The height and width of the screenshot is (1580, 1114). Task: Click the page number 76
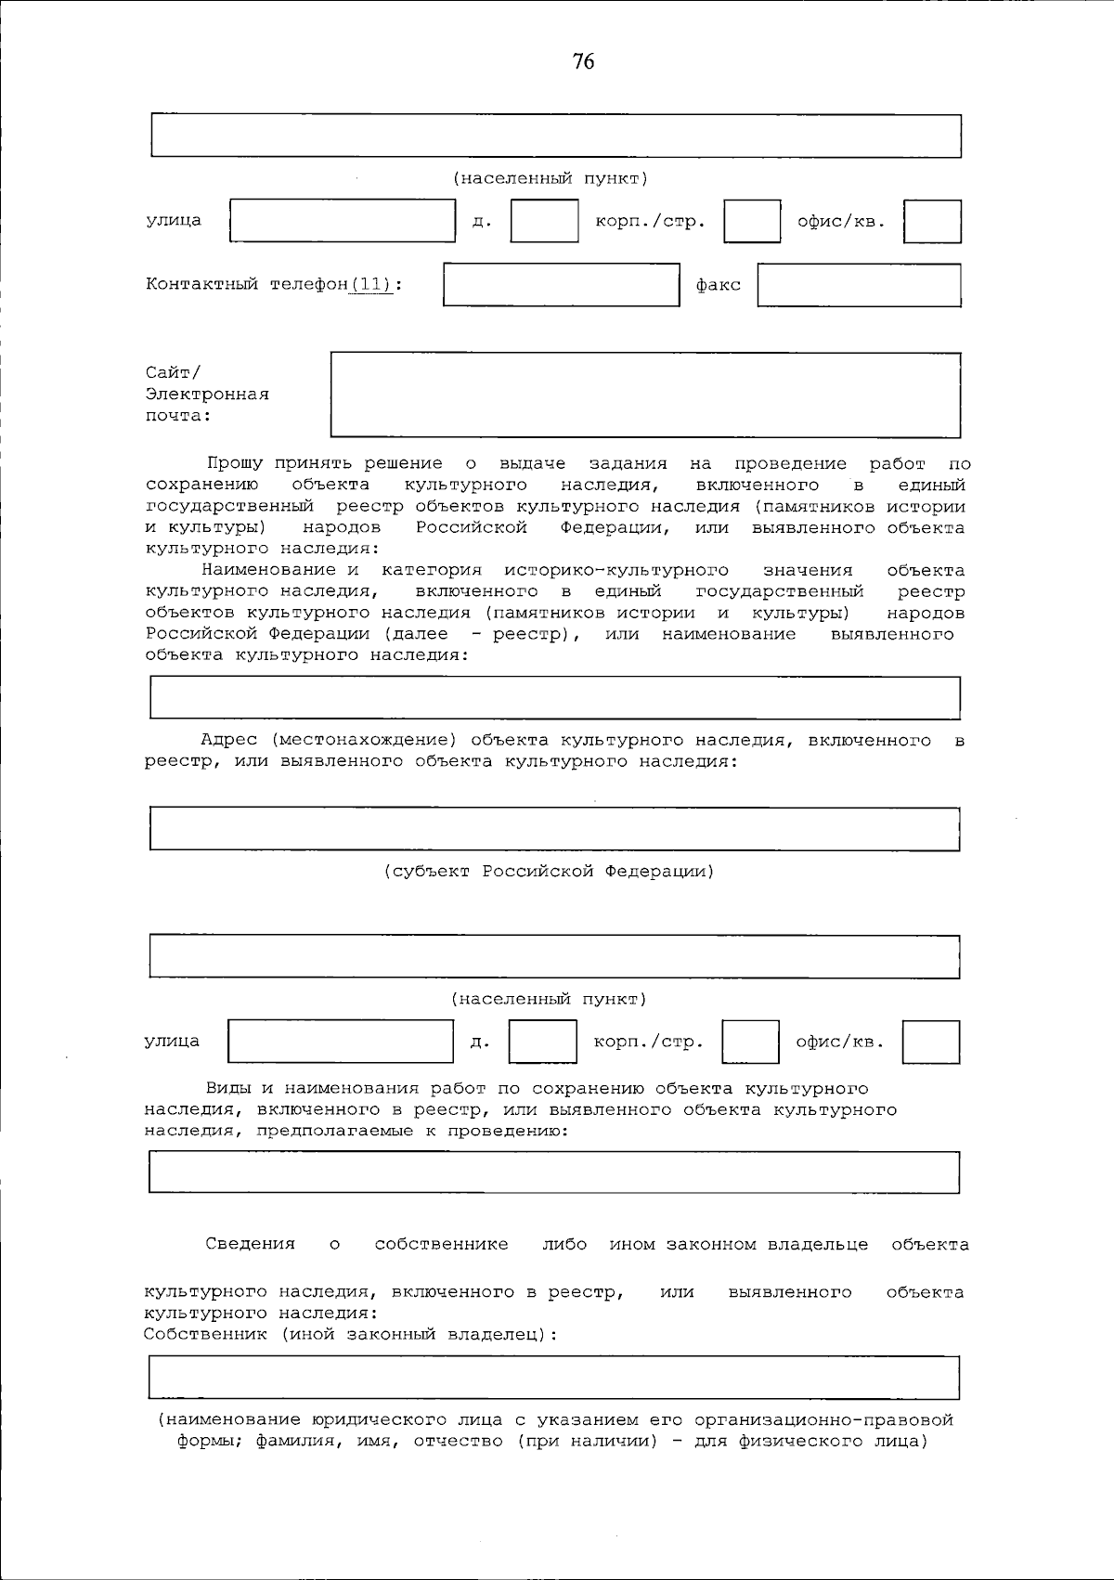pos(583,62)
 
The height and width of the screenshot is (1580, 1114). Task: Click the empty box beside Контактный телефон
pos(561,285)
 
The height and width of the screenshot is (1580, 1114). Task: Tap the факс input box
pos(859,285)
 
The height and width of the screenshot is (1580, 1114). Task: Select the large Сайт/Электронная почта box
pos(645,395)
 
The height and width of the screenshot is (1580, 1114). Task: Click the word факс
pos(719,286)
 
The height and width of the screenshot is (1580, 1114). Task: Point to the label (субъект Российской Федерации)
pos(550,872)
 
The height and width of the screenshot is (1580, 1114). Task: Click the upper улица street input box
pos(343,222)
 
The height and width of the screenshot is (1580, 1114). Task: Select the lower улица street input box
pos(341,1042)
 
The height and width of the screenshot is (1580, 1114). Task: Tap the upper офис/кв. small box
pos(932,222)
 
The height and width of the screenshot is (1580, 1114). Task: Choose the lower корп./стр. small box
pos(750,1042)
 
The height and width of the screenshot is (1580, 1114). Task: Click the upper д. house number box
pos(544,222)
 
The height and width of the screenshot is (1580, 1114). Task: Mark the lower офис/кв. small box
pos(930,1042)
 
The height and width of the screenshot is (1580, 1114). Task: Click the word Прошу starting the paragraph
pos(234,463)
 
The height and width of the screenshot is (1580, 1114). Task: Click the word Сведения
pos(250,1244)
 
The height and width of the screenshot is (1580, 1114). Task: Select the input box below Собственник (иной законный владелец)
pos(554,1377)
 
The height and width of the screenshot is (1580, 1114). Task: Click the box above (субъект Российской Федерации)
pos(554,829)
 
